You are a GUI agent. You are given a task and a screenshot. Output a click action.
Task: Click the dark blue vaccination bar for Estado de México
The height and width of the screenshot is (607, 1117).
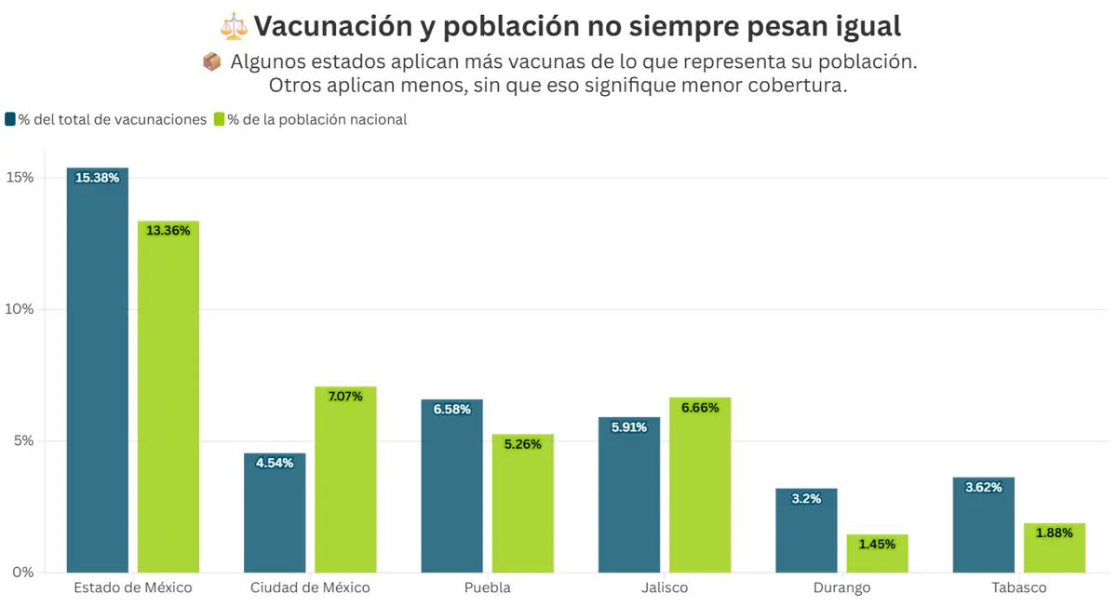coord(98,372)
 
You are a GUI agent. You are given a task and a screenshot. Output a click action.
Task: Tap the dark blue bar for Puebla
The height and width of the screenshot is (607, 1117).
coord(451,489)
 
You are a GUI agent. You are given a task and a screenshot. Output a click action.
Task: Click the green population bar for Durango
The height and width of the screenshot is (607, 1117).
coord(877,555)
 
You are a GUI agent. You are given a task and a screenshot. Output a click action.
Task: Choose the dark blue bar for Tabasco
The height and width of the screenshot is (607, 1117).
coord(983,526)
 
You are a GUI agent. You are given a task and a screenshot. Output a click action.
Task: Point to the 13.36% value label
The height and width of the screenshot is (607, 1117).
coord(168,231)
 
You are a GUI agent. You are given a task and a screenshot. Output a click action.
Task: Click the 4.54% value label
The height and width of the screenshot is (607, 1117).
coord(275,463)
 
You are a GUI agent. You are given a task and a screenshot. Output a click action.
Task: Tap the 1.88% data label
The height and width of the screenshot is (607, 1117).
coord(1055,533)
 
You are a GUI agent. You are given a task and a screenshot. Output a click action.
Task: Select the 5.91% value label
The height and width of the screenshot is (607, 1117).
coord(629,427)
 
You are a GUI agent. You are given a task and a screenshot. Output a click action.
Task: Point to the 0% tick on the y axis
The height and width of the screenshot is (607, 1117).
coord(22,572)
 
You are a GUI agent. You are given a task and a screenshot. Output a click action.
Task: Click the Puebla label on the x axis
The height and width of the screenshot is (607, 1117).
coord(487,587)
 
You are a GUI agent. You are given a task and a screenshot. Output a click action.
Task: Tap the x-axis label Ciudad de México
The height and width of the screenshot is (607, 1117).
coord(310,587)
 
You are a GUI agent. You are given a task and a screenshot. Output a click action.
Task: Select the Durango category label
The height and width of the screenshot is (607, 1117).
coord(841,587)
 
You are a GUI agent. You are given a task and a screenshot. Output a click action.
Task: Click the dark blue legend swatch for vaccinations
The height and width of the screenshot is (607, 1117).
coord(10,119)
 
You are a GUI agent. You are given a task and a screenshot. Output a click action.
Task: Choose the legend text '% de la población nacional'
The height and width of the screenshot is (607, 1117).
coord(316,119)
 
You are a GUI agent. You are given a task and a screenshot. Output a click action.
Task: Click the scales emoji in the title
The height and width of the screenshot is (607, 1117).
coord(235,26)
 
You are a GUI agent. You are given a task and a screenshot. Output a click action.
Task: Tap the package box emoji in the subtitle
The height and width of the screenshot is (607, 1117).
coord(211,61)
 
